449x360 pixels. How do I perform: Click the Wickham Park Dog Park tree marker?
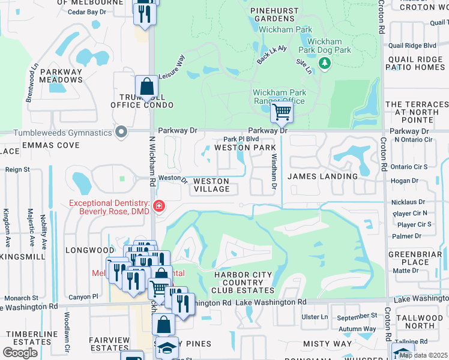[x=325, y=63]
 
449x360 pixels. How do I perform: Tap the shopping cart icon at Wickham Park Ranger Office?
[x=281, y=111]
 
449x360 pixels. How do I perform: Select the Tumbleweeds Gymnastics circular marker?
[x=122, y=132]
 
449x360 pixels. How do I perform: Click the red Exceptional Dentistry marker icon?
[x=158, y=207]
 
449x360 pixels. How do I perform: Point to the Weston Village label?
[x=211, y=185]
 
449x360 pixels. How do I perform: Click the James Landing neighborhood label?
[x=322, y=176]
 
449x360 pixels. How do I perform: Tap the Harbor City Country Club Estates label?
[x=244, y=282]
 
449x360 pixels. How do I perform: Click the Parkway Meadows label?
[x=61, y=76]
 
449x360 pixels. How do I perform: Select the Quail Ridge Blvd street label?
[x=412, y=45]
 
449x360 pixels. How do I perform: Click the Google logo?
[x=20, y=353]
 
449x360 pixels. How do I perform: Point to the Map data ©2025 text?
[x=423, y=355]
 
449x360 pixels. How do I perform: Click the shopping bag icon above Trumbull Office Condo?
[x=146, y=88]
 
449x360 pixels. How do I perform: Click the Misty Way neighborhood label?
[x=327, y=343]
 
